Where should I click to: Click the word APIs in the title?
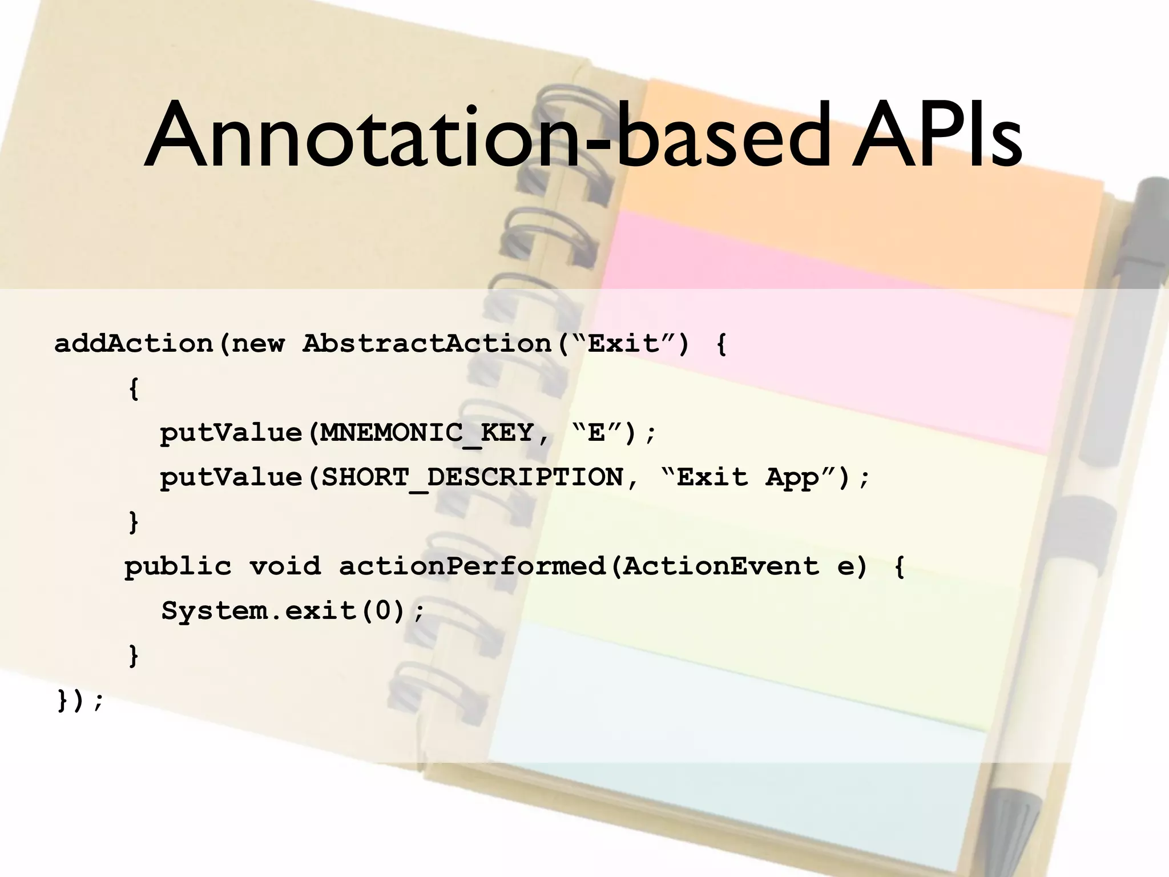tap(936, 137)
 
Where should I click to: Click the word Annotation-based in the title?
tap(485, 137)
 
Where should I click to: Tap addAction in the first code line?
tap(133, 344)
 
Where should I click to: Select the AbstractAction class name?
tap(426, 344)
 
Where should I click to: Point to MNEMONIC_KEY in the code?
tap(426, 433)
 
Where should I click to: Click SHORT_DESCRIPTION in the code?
tap(472, 477)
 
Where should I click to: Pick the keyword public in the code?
tap(178, 566)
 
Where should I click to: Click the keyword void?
tap(285, 566)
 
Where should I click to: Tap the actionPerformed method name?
tap(472, 566)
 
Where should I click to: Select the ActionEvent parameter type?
tap(720, 566)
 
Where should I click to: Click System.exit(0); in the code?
tap(293, 611)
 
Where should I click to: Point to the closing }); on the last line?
tap(80, 700)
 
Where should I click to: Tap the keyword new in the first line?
tap(257, 344)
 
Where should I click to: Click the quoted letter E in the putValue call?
tap(596, 433)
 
